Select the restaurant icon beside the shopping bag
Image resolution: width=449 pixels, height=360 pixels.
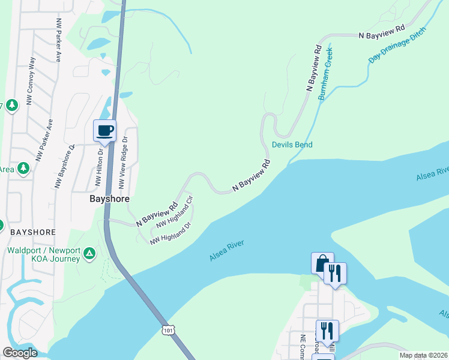coord(335,273)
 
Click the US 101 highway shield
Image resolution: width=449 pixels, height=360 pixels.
coord(167,331)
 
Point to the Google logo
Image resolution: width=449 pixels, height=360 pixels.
coord(20,353)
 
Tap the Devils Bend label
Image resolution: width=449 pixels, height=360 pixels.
coord(292,145)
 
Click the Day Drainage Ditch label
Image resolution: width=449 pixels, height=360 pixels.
coord(397,45)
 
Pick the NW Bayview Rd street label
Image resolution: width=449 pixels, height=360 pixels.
coord(156,213)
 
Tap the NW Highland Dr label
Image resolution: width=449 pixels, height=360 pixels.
coord(170,233)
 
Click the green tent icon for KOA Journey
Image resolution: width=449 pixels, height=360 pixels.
coord(89,254)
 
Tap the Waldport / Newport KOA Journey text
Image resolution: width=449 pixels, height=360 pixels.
coord(43,254)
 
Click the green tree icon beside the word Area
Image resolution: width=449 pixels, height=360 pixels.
coord(23,169)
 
